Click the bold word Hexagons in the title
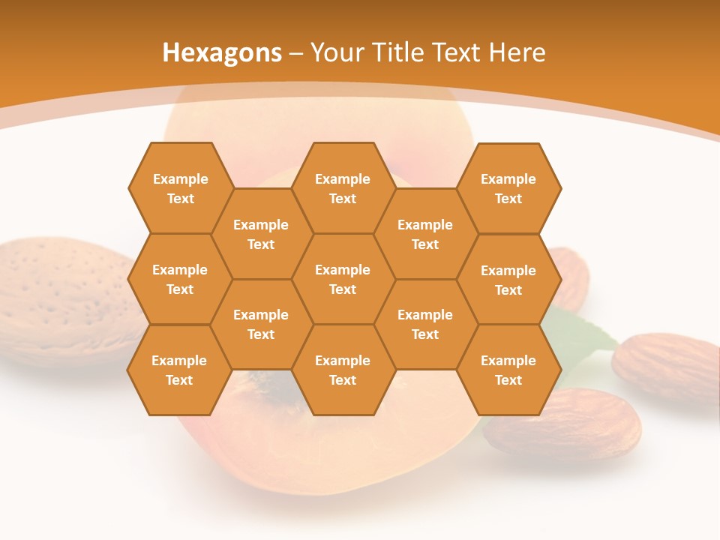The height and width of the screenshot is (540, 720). pyautogui.click(x=222, y=52)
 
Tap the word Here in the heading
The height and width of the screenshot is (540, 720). pyautogui.click(x=517, y=52)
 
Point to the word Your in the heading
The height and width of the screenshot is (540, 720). pyautogui.click(x=336, y=52)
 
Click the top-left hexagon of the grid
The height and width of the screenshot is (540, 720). pyautogui.click(x=180, y=188)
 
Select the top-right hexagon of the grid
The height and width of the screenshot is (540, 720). pyautogui.click(x=508, y=188)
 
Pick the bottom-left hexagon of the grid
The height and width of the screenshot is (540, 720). pyautogui.click(x=179, y=370)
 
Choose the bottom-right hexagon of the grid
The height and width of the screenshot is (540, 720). pyautogui.click(x=508, y=370)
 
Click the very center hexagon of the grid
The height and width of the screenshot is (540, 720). pyautogui.click(x=343, y=279)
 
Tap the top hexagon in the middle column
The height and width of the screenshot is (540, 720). pyautogui.click(x=343, y=188)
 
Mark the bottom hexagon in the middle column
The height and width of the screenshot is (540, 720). pyautogui.click(x=343, y=370)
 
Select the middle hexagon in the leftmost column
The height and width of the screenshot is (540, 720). pyautogui.click(x=180, y=279)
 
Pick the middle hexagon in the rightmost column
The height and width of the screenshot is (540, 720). pyautogui.click(x=508, y=280)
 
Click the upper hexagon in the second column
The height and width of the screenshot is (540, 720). pyautogui.click(x=261, y=234)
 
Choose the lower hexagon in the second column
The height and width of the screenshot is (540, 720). pyautogui.click(x=261, y=324)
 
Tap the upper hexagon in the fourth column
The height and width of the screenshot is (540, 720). pyautogui.click(x=425, y=234)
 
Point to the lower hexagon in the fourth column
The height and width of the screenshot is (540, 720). pyautogui.click(x=425, y=324)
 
